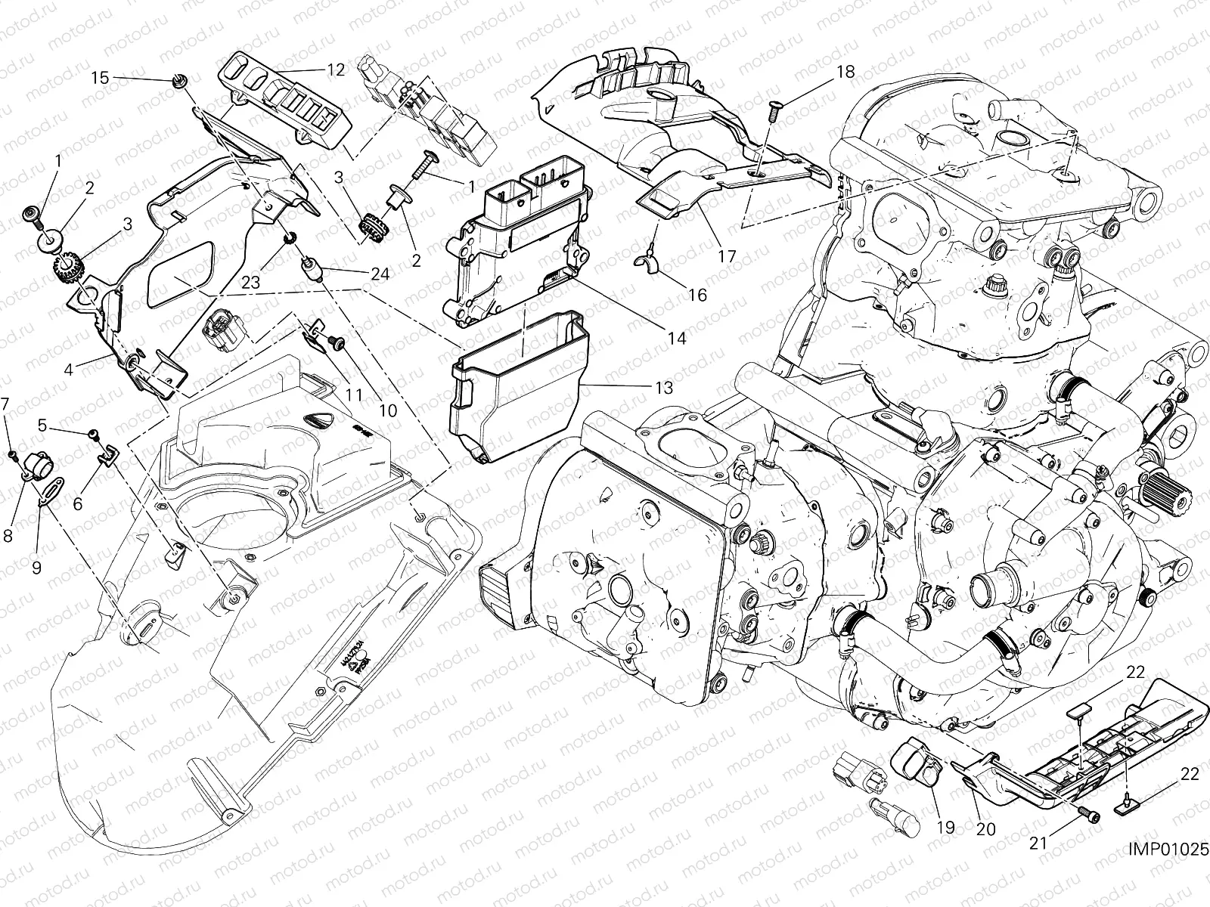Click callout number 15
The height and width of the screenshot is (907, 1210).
click(x=100, y=77)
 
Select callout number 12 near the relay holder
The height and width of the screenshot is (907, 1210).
click(x=335, y=70)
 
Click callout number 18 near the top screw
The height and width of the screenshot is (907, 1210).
click(x=845, y=72)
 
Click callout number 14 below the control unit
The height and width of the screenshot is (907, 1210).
click(x=677, y=339)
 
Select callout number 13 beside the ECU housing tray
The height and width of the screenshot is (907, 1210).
click(x=663, y=388)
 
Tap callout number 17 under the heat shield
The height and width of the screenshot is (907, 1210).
click(x=726, y=256)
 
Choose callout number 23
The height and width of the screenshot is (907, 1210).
click(x=251, y=281)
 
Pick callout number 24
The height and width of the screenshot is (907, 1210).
click(x=380, y=274)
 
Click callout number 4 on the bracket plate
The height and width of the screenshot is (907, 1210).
click(x=68, y=370)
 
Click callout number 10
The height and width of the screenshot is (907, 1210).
click(x=387, y=410)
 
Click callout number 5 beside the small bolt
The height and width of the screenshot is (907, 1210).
click(x=43, y=426)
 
